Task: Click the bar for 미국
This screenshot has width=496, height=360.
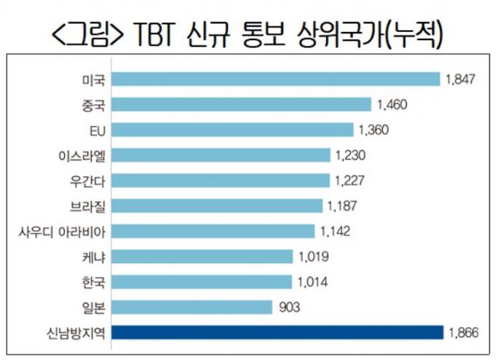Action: (x=277, y=79)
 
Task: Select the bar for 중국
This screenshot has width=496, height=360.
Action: (x=243, y=104)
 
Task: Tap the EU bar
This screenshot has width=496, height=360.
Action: (x=233, y=130)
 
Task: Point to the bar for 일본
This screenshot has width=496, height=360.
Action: (x=193, y=307)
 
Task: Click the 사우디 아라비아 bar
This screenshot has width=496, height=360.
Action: (x=215, y=231)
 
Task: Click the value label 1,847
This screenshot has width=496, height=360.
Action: (x=460, y=79)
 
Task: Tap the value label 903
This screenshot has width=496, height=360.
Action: (x=290, y=307)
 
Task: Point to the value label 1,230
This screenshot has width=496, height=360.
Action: (x=348, y=155)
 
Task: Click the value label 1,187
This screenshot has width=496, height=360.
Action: (x=341, y=206)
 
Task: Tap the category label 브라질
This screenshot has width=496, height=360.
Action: (x=90, y=206)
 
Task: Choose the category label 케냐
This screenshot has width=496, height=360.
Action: (x=96, y=257)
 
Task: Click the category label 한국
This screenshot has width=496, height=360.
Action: (x=96, y=281)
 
